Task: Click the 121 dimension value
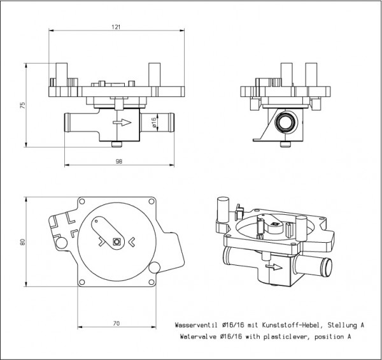(x=116, y=27)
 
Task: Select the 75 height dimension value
(x=22, y=105)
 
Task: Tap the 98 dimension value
(x=119, y=161)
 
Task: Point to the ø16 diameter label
(x=153, y=122)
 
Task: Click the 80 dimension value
(x=22, y=242)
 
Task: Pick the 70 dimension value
(x=117, y=324)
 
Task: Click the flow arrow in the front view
(x=122, y=122)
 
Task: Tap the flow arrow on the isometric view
(x=274, y=267)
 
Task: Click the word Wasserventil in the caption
(x=196, y=325)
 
